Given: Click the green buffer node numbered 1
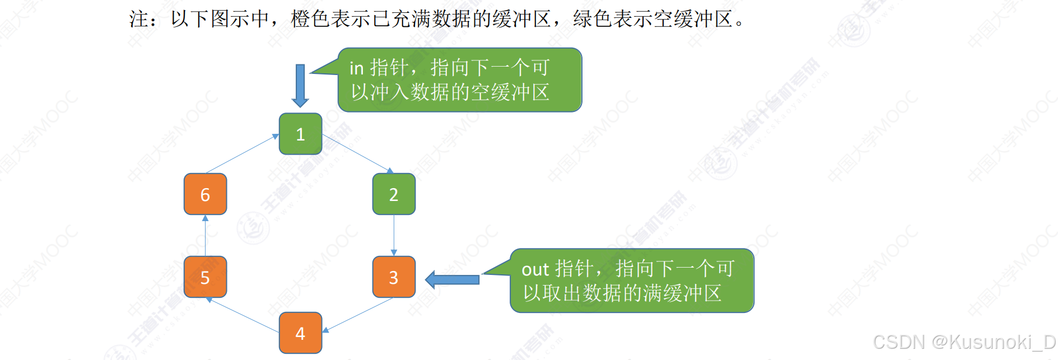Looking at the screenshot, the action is click(x=300, y=134).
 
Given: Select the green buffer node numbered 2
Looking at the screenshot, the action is click(x=394, y=194).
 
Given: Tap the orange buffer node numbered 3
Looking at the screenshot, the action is click(x=394, y=277).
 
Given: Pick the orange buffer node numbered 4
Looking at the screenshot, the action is click(x=300, y=333).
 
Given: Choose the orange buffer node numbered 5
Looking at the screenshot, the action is click(x=205, y=277).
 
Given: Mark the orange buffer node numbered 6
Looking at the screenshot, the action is click(x=205, y=194).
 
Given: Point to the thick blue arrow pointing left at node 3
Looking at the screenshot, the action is click(x=453, y=279).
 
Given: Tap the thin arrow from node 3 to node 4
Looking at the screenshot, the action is click(x=358, y=314).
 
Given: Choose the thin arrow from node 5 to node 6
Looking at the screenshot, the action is click(x=205, y=236).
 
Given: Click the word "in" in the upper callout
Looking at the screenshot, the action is click(x=356, y=68).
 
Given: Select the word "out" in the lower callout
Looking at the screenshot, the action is click(x=535, y=269).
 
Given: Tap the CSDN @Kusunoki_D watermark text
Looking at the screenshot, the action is click(x=963, y=342).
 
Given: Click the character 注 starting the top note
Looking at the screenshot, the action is click(x=139, y=19).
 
